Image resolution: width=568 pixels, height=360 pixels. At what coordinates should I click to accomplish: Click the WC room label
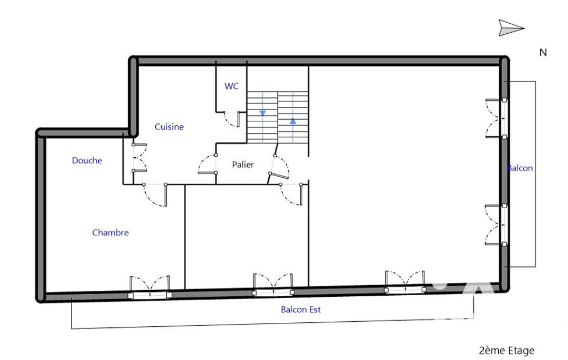(x=232, y=86)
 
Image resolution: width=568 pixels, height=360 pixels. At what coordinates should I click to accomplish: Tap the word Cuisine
(x=169, y=127)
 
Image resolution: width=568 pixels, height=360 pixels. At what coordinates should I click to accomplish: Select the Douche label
(x=87, y=161)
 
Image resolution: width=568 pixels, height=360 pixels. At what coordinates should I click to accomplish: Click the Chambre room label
(x=110, y=233)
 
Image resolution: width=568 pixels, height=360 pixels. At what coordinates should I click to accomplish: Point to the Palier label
(x=243, y=165)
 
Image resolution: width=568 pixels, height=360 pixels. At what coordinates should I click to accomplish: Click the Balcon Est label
(x=301, y=310)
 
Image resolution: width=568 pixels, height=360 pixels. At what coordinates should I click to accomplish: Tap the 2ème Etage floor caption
(x=506, y=351)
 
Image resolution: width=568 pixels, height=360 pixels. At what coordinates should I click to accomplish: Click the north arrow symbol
(x=511, y=28)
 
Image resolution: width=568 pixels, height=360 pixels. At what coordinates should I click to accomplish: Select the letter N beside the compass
(x=543, y=53)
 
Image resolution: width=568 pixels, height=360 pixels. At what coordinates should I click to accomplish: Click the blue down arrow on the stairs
(x=263, y=114)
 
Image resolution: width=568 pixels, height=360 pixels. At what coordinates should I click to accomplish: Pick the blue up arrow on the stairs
(x=293, y=121)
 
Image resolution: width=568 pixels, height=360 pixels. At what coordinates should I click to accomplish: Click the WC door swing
(x=232, y=119)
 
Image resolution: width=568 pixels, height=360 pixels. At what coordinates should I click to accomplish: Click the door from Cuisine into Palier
(x=207, y=164)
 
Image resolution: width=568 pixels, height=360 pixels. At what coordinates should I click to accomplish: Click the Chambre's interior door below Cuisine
(x=155, y=195)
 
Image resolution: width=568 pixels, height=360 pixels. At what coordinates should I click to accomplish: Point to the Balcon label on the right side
(x=520, y=168)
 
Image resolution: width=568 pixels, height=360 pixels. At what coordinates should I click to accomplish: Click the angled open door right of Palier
(x=279, y=166)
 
